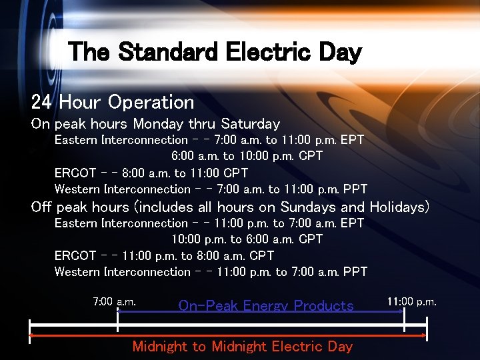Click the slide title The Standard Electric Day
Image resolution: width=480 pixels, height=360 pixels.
(x=215, y=51)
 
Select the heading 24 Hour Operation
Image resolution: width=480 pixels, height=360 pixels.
(x=113, y=102)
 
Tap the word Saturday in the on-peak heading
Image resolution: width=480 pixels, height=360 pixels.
(x=251, y=124)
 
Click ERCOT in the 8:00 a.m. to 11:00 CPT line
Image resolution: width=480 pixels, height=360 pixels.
(x=75, y=173)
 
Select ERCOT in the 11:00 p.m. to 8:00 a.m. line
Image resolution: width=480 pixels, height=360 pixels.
(x=75, y=255)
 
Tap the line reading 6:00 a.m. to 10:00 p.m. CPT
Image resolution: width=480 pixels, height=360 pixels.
(x=247, y=156)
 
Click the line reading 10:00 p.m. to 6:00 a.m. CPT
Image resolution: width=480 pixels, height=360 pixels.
(x=247, y=239)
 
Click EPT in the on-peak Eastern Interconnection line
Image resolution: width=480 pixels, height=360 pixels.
(x=352, y=140)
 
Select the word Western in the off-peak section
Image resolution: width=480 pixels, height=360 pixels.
(x=76, y=272)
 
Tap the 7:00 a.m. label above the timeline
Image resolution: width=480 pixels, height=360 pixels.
(x=114, y=301)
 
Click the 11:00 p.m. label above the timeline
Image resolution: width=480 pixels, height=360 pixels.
(x=412, y=301)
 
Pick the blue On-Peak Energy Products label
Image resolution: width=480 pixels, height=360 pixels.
(x=266, y=306)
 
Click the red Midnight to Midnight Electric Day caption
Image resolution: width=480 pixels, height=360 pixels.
(x=242, y=346)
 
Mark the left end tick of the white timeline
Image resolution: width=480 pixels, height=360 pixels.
(x=29, y=327)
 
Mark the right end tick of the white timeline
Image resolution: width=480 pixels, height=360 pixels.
(x=427, y=327)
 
